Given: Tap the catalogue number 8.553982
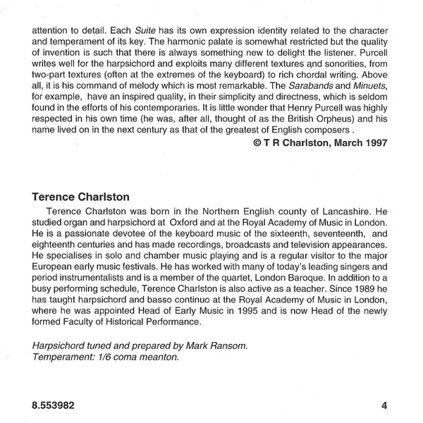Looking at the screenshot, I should tap(51, 405).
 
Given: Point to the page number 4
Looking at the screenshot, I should tap(384, 405).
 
